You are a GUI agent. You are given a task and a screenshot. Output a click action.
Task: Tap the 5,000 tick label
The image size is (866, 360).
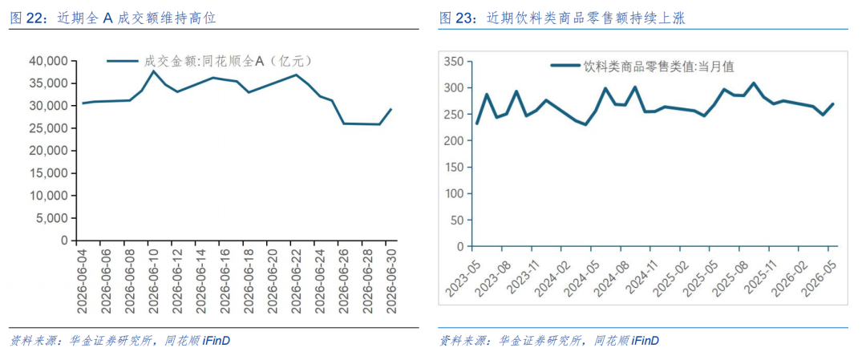pyautogui.click(x=55, y=218)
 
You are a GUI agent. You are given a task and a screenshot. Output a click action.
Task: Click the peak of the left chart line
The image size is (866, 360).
pyautogui.click(x=153, y=71)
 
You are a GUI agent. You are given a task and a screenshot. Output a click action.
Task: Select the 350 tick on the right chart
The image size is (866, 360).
pyautogui.click(x=455, y=61)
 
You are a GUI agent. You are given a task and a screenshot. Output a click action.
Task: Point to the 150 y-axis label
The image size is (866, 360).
pyautogui.click(x=455, y=168)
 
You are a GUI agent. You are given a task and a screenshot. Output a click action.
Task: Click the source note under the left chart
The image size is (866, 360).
pyautogui.click(x=119, y=341)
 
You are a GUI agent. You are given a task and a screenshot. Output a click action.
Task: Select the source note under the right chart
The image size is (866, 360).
pyautogui.click(x=549, y=341)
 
